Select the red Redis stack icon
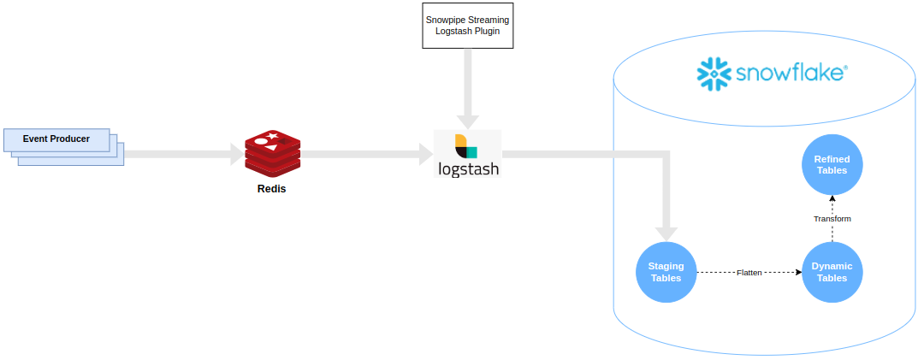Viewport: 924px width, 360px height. (273, 153)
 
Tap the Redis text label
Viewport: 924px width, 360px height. (271, 189)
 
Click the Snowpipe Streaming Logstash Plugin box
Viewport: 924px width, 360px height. (467, 25)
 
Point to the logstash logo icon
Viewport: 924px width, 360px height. (466, 145)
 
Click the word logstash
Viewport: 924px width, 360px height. (467, 168)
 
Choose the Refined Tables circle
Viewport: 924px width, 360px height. (832, 164)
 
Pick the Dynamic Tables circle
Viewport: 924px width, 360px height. (832, 272)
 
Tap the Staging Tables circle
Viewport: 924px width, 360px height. (666, 272)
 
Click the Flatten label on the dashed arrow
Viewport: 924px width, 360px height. (749, 273)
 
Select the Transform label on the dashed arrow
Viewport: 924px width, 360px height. (832, 219)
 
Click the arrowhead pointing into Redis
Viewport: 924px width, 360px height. (237, 154)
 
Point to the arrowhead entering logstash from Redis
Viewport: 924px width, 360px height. (426, 154)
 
